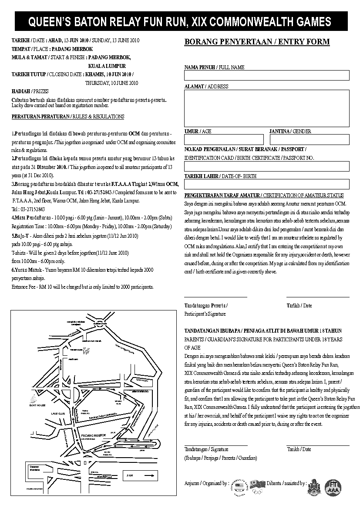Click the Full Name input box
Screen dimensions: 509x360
(x=267, y=76)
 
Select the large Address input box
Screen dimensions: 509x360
(x=267, y=108)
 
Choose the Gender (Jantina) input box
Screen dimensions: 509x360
(x=309, y=139)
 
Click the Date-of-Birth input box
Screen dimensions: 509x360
(x=267, y=184)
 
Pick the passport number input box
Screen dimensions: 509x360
(x=267, y=166)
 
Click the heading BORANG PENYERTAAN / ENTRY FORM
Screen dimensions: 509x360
(x=257, y=42)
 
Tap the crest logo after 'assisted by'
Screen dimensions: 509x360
(x=314, y=487)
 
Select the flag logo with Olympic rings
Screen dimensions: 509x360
(x=258, y=486)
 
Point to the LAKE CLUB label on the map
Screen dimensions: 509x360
(x=57, y=413)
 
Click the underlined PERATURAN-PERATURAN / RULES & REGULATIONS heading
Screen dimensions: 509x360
(x=68, y=117)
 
